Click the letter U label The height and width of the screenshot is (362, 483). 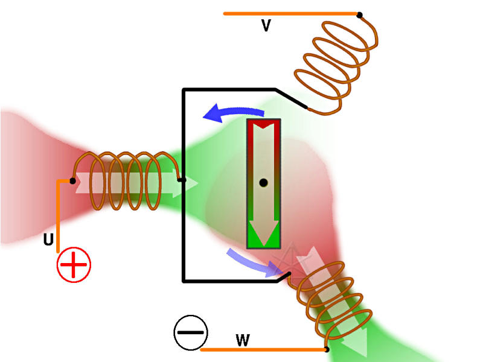48,240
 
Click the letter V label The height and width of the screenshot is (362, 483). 266,25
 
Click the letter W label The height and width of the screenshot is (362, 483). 242,340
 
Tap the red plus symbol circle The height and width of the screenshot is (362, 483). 74,265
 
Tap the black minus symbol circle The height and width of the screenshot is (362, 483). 191,332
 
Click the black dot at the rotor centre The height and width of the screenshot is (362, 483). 263,182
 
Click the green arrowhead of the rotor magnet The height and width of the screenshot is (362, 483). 263,235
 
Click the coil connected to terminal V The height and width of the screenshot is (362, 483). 335,66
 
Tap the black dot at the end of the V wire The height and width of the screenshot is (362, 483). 359,14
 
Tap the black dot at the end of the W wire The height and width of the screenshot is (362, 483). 327,349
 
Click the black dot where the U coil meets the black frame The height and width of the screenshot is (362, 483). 182,179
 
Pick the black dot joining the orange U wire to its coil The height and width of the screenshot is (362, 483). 73,180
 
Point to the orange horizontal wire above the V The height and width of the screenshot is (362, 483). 290,13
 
